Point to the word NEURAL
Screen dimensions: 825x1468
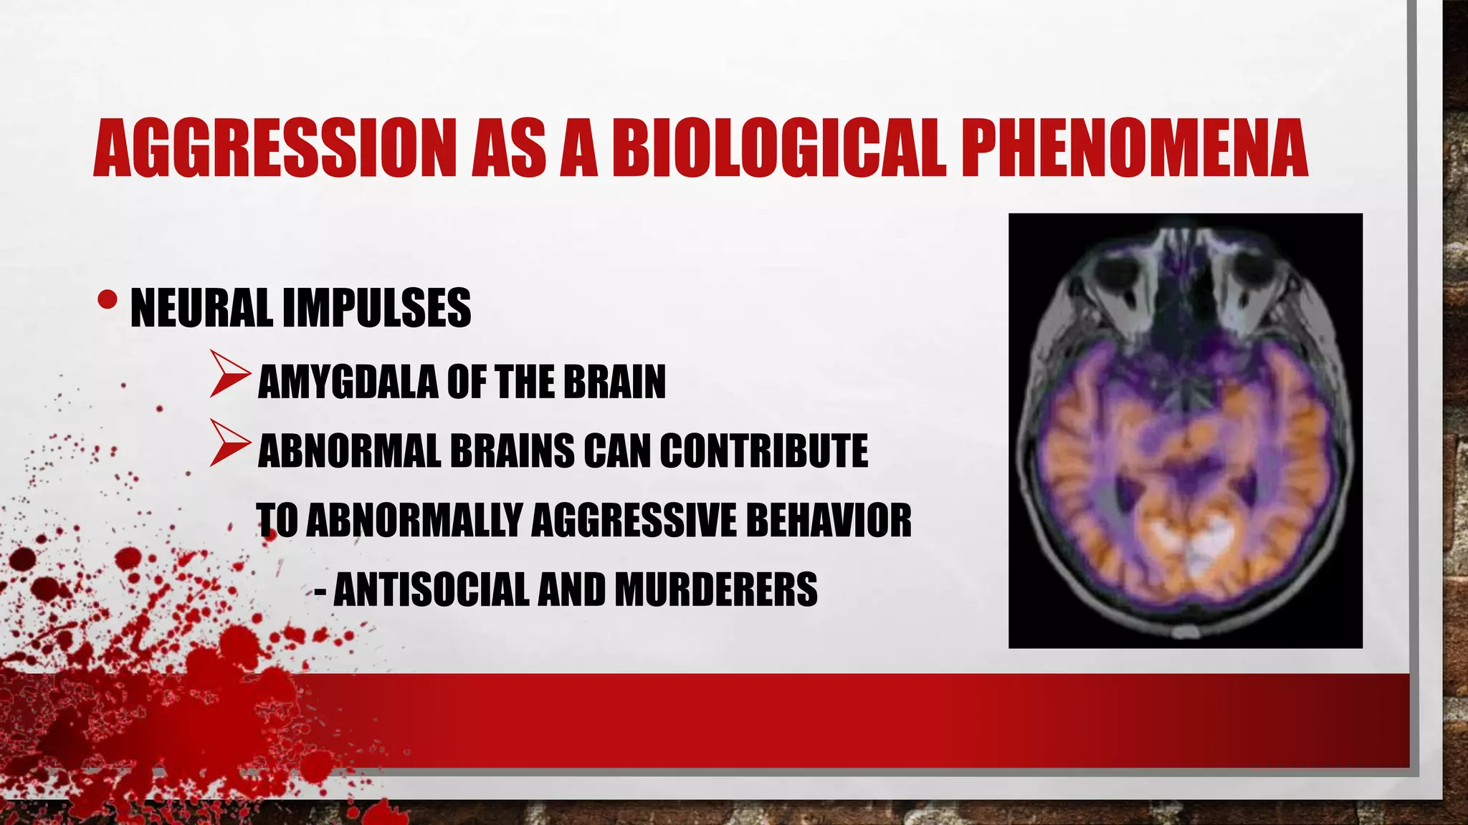tap(201, 308)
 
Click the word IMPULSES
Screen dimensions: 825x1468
tap(376, 308)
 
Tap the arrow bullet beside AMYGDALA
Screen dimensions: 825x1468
tap(229, 374)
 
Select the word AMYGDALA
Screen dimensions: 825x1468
tap(347, 382)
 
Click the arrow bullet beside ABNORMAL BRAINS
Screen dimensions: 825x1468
tap(229, 444)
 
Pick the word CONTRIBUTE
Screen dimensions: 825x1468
tap(763, 451)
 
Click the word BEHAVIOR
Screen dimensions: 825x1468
tap(829, 521)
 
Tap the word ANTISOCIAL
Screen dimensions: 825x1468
tap(430, 589)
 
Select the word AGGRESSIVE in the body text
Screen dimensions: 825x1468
tap(634, 521)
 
